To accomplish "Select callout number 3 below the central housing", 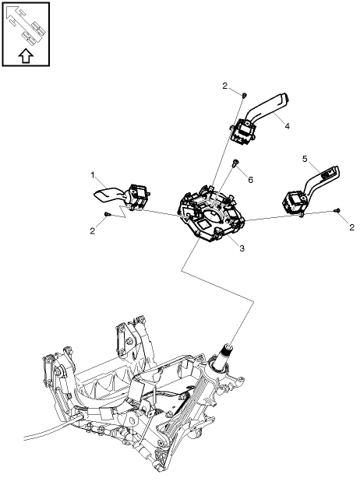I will (242, 248).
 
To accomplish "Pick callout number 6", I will (250, 180).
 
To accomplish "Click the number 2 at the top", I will (224, 85).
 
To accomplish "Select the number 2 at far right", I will (351, 227).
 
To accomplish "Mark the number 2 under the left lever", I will (92, 230).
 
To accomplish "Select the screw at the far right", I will (337, 209).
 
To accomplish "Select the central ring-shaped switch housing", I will (212, 219).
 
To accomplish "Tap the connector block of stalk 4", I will (242, 134).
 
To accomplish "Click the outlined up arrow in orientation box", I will (26, 55).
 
